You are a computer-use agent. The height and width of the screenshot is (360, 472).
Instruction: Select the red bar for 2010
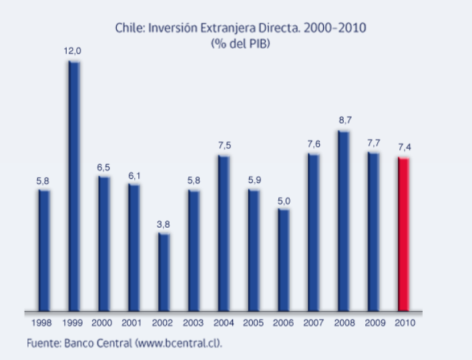click(x=403, y=234)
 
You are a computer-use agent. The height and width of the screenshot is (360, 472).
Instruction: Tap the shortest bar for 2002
click(x=164, y=272)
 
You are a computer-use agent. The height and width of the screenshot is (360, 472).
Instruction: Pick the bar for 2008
click(x=344, y=220)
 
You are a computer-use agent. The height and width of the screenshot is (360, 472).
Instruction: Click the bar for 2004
click(x=224, y=233)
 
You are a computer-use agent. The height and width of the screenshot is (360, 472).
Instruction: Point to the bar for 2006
click(x=284, y=260)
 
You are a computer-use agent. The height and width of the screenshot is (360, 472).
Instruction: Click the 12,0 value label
click(x=72, y=51)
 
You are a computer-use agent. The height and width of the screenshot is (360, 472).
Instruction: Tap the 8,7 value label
click(x=344, y=120)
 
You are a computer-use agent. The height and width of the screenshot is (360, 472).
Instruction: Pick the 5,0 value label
click(x=284, y=199)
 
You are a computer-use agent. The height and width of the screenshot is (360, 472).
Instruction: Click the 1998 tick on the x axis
click(x=43, y=323)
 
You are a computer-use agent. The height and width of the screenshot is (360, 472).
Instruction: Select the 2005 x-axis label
click(x=253, y=323)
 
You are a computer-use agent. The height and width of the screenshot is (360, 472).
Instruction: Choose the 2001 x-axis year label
click(x=133, y=323)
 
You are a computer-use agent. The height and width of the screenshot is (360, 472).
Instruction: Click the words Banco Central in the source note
click(x=93, y=343)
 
